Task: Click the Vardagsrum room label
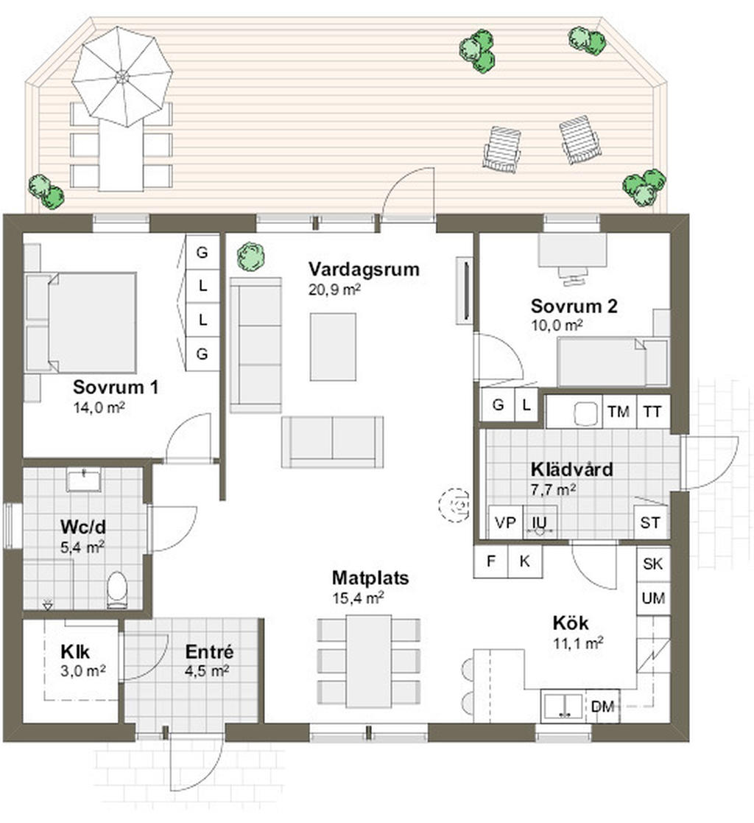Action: click(x=364, y=269)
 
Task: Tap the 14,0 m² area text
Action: click(x=99, y=407)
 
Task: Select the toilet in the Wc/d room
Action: click(x=117, y=589)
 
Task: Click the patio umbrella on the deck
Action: click(x=122, y=77)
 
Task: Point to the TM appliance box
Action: click(x=619, y=411)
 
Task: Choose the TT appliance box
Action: click(x=652, y=411)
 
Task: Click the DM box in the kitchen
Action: click(x=602, y=707)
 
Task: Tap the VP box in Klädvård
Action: click(x=505, y=522)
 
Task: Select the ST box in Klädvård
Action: click(x=651, y=522)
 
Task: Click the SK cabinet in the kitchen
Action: click(x=652, y=564)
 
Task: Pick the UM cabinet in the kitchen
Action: click(x=652, y=598)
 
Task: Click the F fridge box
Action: click(x=490, y=561)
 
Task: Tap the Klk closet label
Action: click(x=76, y=652)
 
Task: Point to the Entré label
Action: click(x=209, y=651)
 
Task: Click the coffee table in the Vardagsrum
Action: click(x=333, y=347)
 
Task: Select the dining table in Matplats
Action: click(x=369, y=662)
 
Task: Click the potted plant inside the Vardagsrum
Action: click(x=250, y=256)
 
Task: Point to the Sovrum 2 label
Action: click(x=574, y=306)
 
